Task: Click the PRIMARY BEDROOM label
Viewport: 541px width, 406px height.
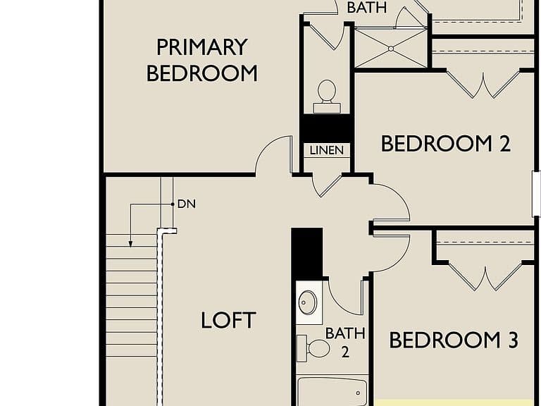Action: coord(202,60)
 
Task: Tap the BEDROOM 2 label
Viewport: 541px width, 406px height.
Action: coord(446,144)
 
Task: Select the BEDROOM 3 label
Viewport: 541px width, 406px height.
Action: coord(454,340)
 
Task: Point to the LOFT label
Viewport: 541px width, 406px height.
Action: coord(228,320)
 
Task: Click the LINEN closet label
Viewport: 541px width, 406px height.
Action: coord(327,151)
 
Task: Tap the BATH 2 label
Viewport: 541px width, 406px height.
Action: coord(345,343)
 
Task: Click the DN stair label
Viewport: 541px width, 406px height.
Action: coord(186,204)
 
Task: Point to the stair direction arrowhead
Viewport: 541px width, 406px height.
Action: coord(130,244)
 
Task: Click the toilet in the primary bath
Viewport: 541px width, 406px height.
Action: coord(326,97)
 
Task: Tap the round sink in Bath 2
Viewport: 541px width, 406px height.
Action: coord(307,303)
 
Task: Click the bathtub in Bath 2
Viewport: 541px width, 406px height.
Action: coord(332,391)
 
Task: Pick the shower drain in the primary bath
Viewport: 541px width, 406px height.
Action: coord(391,49)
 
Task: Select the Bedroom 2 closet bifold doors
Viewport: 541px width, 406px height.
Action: coord(483,84)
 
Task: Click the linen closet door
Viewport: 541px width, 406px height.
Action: coord(327,185)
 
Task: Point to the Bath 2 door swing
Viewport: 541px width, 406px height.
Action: coord(344,296)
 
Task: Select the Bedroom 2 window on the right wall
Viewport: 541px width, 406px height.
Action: coord(536,194)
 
